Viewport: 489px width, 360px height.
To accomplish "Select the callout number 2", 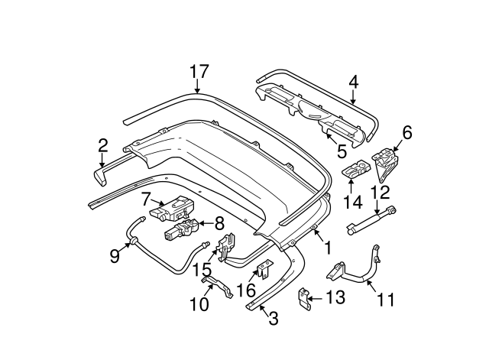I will [x=102, y=144].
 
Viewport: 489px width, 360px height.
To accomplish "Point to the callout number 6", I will [x=406, y=133].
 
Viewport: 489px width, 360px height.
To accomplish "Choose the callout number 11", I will [x=387, y=299].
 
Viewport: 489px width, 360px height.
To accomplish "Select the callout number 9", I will [x=115, y=255].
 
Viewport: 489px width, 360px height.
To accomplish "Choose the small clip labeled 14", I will [x=354, y=171].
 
